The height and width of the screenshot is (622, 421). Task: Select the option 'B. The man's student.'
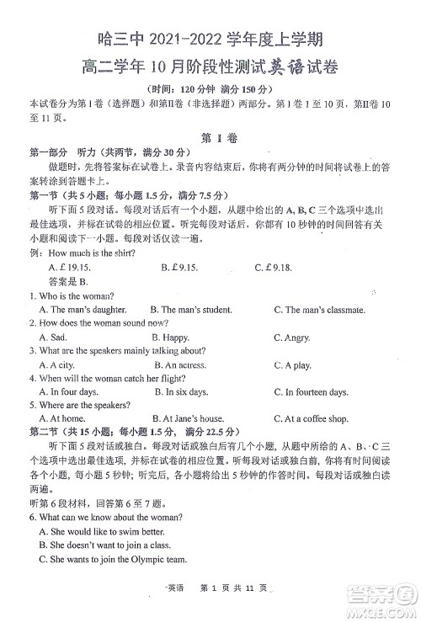[190, 310]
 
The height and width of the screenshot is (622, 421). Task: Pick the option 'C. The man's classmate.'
[319, 310]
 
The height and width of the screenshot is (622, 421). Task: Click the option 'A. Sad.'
[54, 338]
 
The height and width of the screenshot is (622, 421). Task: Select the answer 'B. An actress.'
[179, 366]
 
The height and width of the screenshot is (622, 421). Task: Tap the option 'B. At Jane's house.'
[188, 418]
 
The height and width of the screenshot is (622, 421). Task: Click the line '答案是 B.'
[69, 282]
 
